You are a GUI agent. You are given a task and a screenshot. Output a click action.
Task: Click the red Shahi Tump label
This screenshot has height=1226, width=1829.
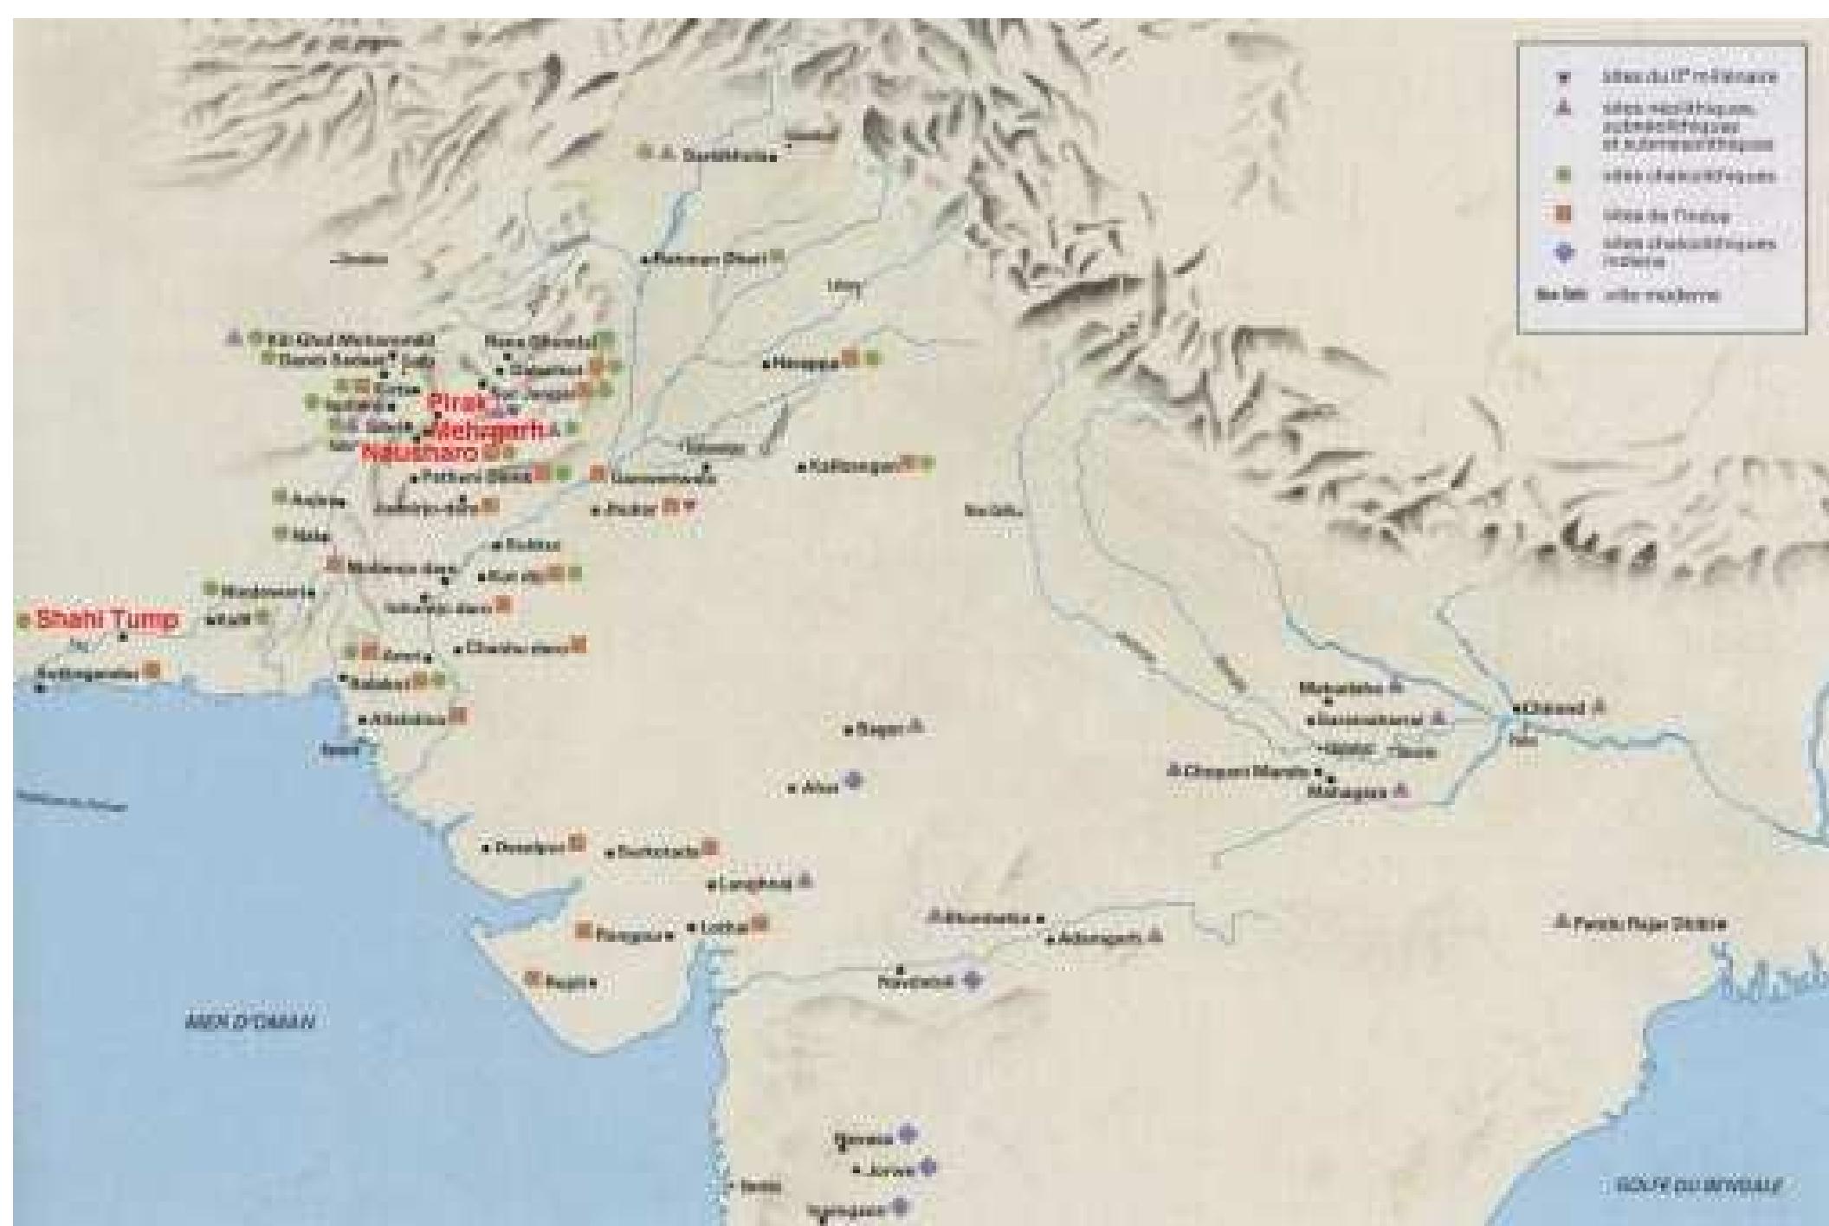pos(108,620)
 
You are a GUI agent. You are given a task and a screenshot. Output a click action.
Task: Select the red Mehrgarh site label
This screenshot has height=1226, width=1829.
pos(490,429)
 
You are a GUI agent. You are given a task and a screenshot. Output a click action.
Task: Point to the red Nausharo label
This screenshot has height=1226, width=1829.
pos(420,452)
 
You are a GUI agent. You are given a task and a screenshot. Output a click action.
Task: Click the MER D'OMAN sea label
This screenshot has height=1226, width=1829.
pos(250,1022)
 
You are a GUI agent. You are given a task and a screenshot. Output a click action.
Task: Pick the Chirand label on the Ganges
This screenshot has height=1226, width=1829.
pos(1555,708)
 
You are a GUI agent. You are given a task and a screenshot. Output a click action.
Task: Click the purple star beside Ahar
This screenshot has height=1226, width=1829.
pos(855,781)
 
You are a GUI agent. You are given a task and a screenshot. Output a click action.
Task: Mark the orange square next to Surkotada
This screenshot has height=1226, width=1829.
pos(711,847)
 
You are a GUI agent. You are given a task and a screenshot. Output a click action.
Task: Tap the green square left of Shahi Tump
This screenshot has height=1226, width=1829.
pos(23,620)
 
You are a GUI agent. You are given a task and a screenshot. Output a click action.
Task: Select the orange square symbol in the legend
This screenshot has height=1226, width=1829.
pos(1565,214)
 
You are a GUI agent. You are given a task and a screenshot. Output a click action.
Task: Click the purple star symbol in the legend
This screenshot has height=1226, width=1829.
pos(1565,253)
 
